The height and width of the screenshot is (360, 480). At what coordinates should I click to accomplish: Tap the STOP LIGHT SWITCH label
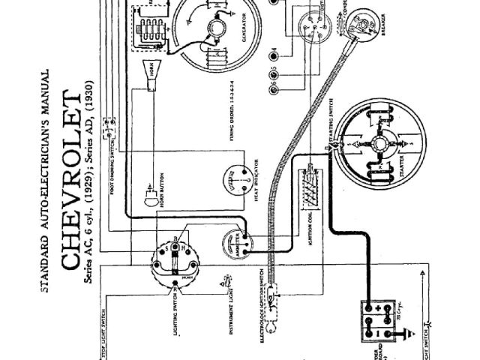pos(98,331)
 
